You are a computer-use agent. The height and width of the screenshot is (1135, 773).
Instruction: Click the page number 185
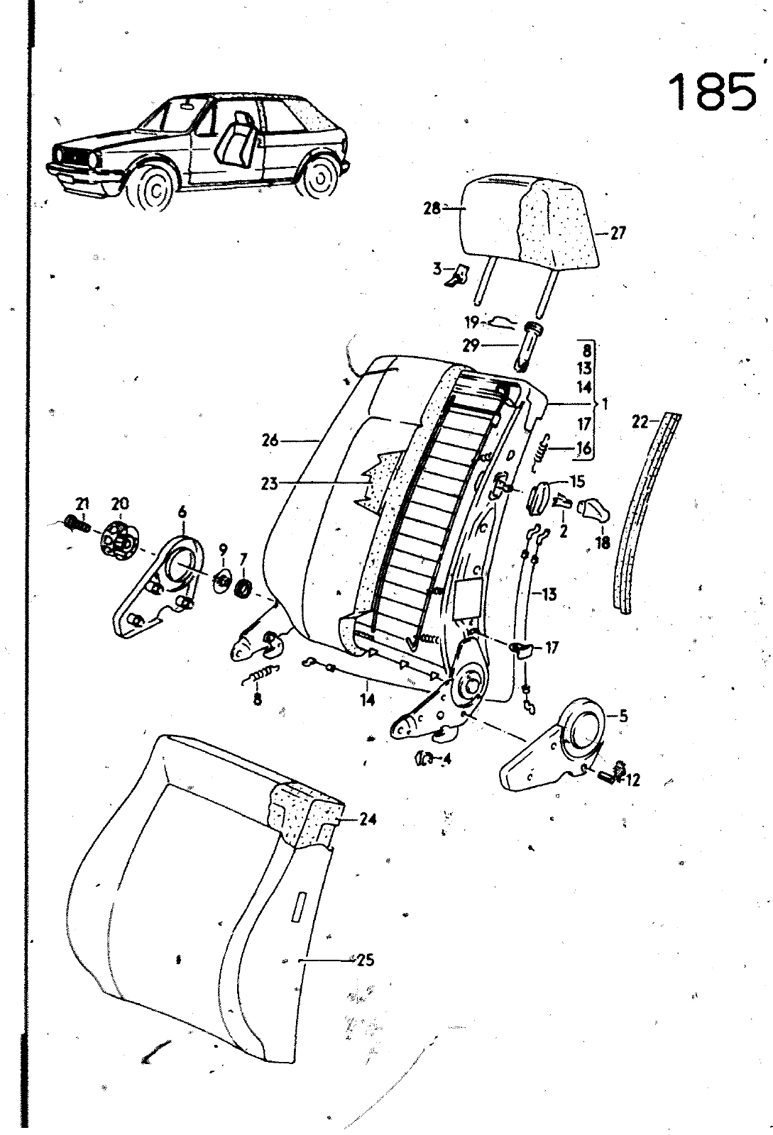click(712, 92)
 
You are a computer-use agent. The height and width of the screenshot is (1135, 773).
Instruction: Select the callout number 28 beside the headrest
click(432, 208)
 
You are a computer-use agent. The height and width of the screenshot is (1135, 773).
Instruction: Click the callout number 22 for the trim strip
click(641, 421)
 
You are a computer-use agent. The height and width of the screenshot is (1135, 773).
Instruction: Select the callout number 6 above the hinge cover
click(182, 513)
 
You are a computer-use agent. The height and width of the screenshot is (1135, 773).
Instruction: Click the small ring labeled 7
click(244, 589)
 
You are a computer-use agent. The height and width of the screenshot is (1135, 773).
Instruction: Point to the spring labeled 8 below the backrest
click(261, 675)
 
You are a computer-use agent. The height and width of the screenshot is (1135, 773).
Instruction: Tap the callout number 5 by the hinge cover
click(623, 716)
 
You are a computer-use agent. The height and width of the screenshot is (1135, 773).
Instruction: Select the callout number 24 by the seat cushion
click(367, 819)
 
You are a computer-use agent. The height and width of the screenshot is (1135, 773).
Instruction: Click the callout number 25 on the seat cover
click(365, 960)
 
